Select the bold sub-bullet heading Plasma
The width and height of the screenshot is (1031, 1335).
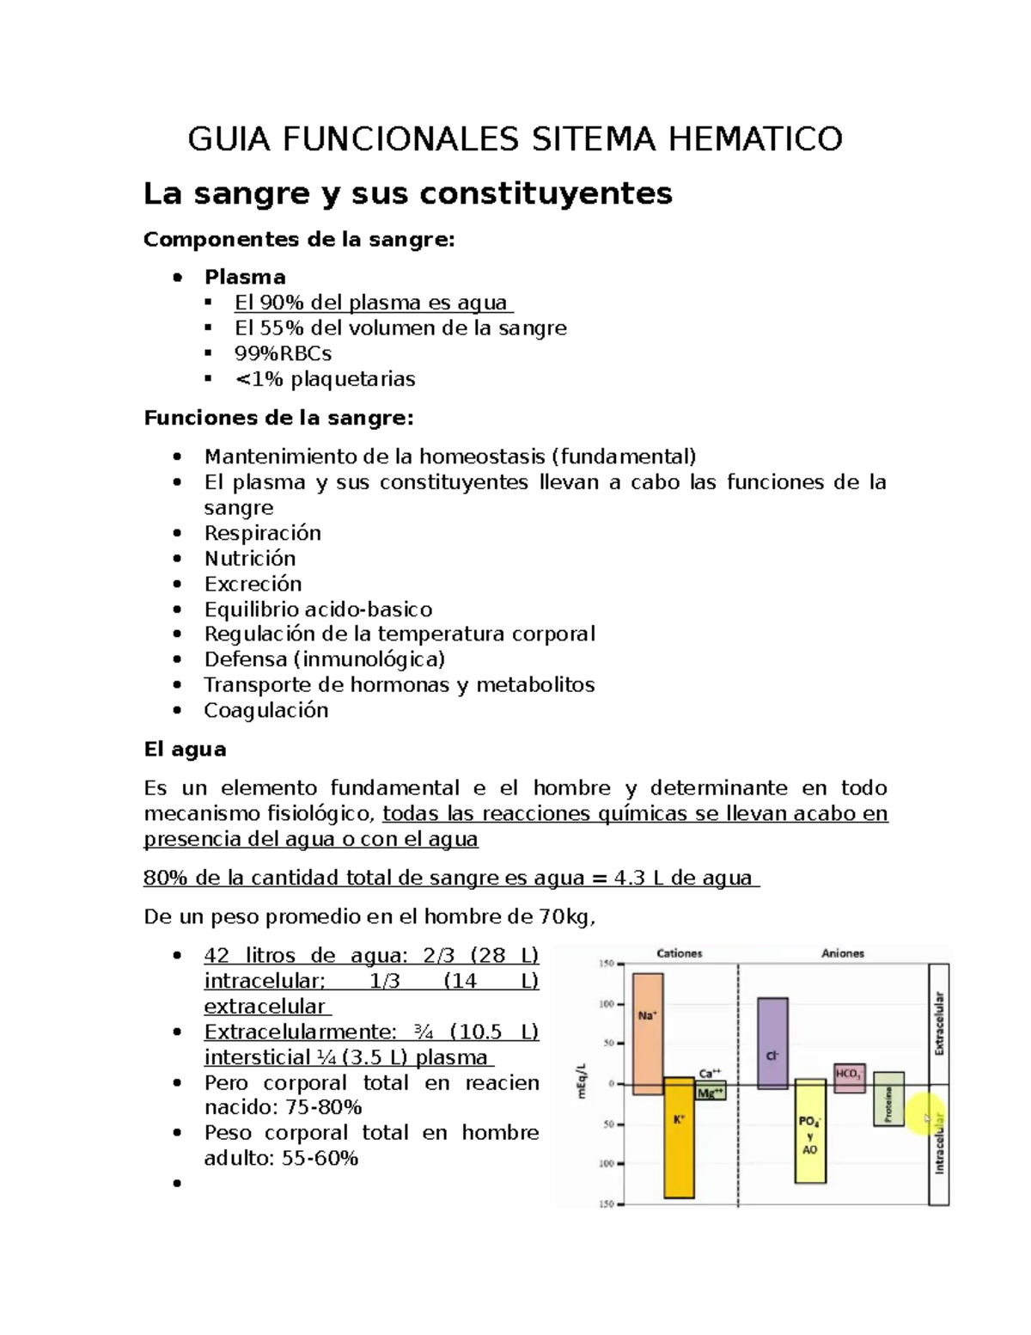[x=245, y=277]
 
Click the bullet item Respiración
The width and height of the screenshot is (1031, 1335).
[x=262, y=533]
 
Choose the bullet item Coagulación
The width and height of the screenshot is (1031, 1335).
[x=265, y=710]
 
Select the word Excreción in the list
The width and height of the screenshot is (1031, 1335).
[x=253, y=584]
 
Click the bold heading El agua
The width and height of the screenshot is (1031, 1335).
[x=185, y=749]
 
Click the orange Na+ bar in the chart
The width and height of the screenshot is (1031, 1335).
[x=648, y=1032]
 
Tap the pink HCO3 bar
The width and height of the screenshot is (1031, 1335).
[x=850, y=1077]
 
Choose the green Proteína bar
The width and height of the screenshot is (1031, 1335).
[x=888, y=1099]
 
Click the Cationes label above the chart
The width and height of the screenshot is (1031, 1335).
[x=679, y=953]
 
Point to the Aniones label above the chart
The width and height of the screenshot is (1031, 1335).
[x=842, y=953]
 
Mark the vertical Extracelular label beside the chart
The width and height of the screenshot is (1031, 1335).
[x=939, y=1023]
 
